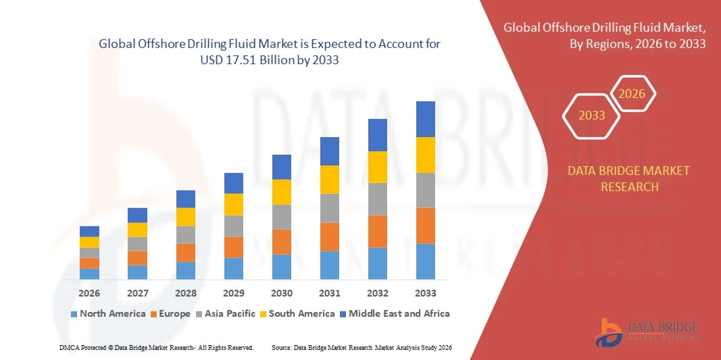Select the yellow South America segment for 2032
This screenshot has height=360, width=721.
coord(377,167)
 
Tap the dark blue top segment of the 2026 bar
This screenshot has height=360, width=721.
coord(89,231)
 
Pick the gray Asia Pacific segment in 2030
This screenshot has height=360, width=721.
coord(282,217)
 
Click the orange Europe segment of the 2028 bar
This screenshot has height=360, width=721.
coord(186,253)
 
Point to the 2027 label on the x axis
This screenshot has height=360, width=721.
coord(137,293)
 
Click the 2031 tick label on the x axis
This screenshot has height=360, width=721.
coord(329,293)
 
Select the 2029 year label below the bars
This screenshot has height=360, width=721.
coord(234,293)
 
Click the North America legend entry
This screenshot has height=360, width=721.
coord(107,313)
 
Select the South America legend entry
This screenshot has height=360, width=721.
coord(297,313)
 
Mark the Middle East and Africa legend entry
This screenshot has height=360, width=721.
coord(395,313)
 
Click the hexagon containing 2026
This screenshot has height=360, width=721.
coord(632,94)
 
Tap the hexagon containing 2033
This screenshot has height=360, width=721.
coord(592,115)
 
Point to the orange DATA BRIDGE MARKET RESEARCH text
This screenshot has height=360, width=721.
coord(629,178)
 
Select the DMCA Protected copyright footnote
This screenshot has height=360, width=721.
coord(156,347)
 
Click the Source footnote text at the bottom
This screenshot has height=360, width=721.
coord(361,347)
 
